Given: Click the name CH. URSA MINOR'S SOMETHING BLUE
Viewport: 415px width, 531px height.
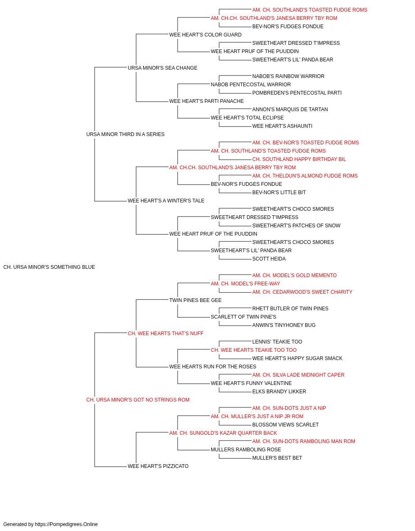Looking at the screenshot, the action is coord(49,267).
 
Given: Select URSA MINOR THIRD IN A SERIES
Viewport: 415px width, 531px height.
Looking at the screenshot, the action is coord(125,134).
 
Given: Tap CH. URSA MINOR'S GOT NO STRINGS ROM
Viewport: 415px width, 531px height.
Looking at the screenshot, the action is coord(138,400).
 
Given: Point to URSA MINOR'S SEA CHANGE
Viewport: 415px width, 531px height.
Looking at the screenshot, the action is coord(163,68).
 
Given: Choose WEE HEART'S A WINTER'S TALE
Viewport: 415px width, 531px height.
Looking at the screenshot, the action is coord(166,201).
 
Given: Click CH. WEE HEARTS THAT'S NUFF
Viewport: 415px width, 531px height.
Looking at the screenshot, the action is coord(166,334).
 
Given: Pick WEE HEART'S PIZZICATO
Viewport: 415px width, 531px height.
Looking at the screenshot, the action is coord(158,466).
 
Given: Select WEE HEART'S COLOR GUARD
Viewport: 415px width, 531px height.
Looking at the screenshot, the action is coord(205,35).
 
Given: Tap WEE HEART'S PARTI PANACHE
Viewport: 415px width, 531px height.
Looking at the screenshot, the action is coord(207,101).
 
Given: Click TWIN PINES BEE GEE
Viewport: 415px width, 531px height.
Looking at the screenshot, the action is coord(195,300).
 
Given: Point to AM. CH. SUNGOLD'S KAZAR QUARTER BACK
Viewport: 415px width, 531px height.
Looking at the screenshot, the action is coord(223,433).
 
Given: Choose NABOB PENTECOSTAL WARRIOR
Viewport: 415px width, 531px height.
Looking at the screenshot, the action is coord(251,85).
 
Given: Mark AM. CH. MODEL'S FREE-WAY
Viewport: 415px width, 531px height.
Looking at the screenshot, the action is coord(245,284).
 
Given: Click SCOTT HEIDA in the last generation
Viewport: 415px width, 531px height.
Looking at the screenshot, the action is coord(269,259).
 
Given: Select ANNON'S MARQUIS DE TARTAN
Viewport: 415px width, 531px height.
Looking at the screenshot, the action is coord(290,110).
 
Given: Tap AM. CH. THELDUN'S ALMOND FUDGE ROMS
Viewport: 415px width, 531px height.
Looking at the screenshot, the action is coord(305,176).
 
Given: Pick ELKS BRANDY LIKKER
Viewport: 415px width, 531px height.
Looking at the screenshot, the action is coord(279,392).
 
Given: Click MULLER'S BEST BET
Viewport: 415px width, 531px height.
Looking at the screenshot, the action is coord(277,458).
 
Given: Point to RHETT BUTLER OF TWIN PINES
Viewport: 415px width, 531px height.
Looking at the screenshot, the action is coord(290,309).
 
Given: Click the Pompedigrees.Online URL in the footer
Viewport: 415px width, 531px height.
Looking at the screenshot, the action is coord(66,524).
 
